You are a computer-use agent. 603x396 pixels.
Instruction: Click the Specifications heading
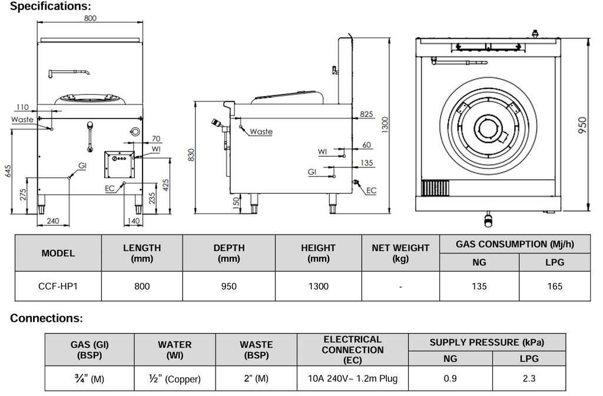click(51, 6)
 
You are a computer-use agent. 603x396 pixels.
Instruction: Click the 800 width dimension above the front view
click(90, 18)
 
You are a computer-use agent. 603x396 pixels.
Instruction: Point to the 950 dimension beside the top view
click(582, 125)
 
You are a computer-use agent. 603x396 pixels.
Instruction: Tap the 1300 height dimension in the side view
click(385, 125)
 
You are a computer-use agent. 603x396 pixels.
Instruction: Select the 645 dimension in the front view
click(8, 171)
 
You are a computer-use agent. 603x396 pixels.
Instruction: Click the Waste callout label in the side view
click(261, 131)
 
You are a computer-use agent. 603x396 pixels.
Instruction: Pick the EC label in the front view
click(110, 189)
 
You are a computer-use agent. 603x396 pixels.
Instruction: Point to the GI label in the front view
click(82, 166)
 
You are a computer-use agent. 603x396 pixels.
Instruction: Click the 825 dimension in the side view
click(366, 114)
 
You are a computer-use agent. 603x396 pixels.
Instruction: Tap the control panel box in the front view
click(119, 164)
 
